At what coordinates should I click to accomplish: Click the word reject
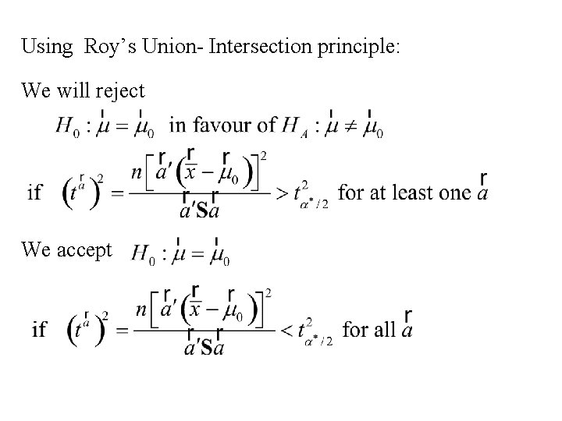click(119, 91)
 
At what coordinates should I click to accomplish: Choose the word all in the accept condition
click(385, 329)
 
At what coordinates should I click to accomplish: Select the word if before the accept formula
click(39, 330)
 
